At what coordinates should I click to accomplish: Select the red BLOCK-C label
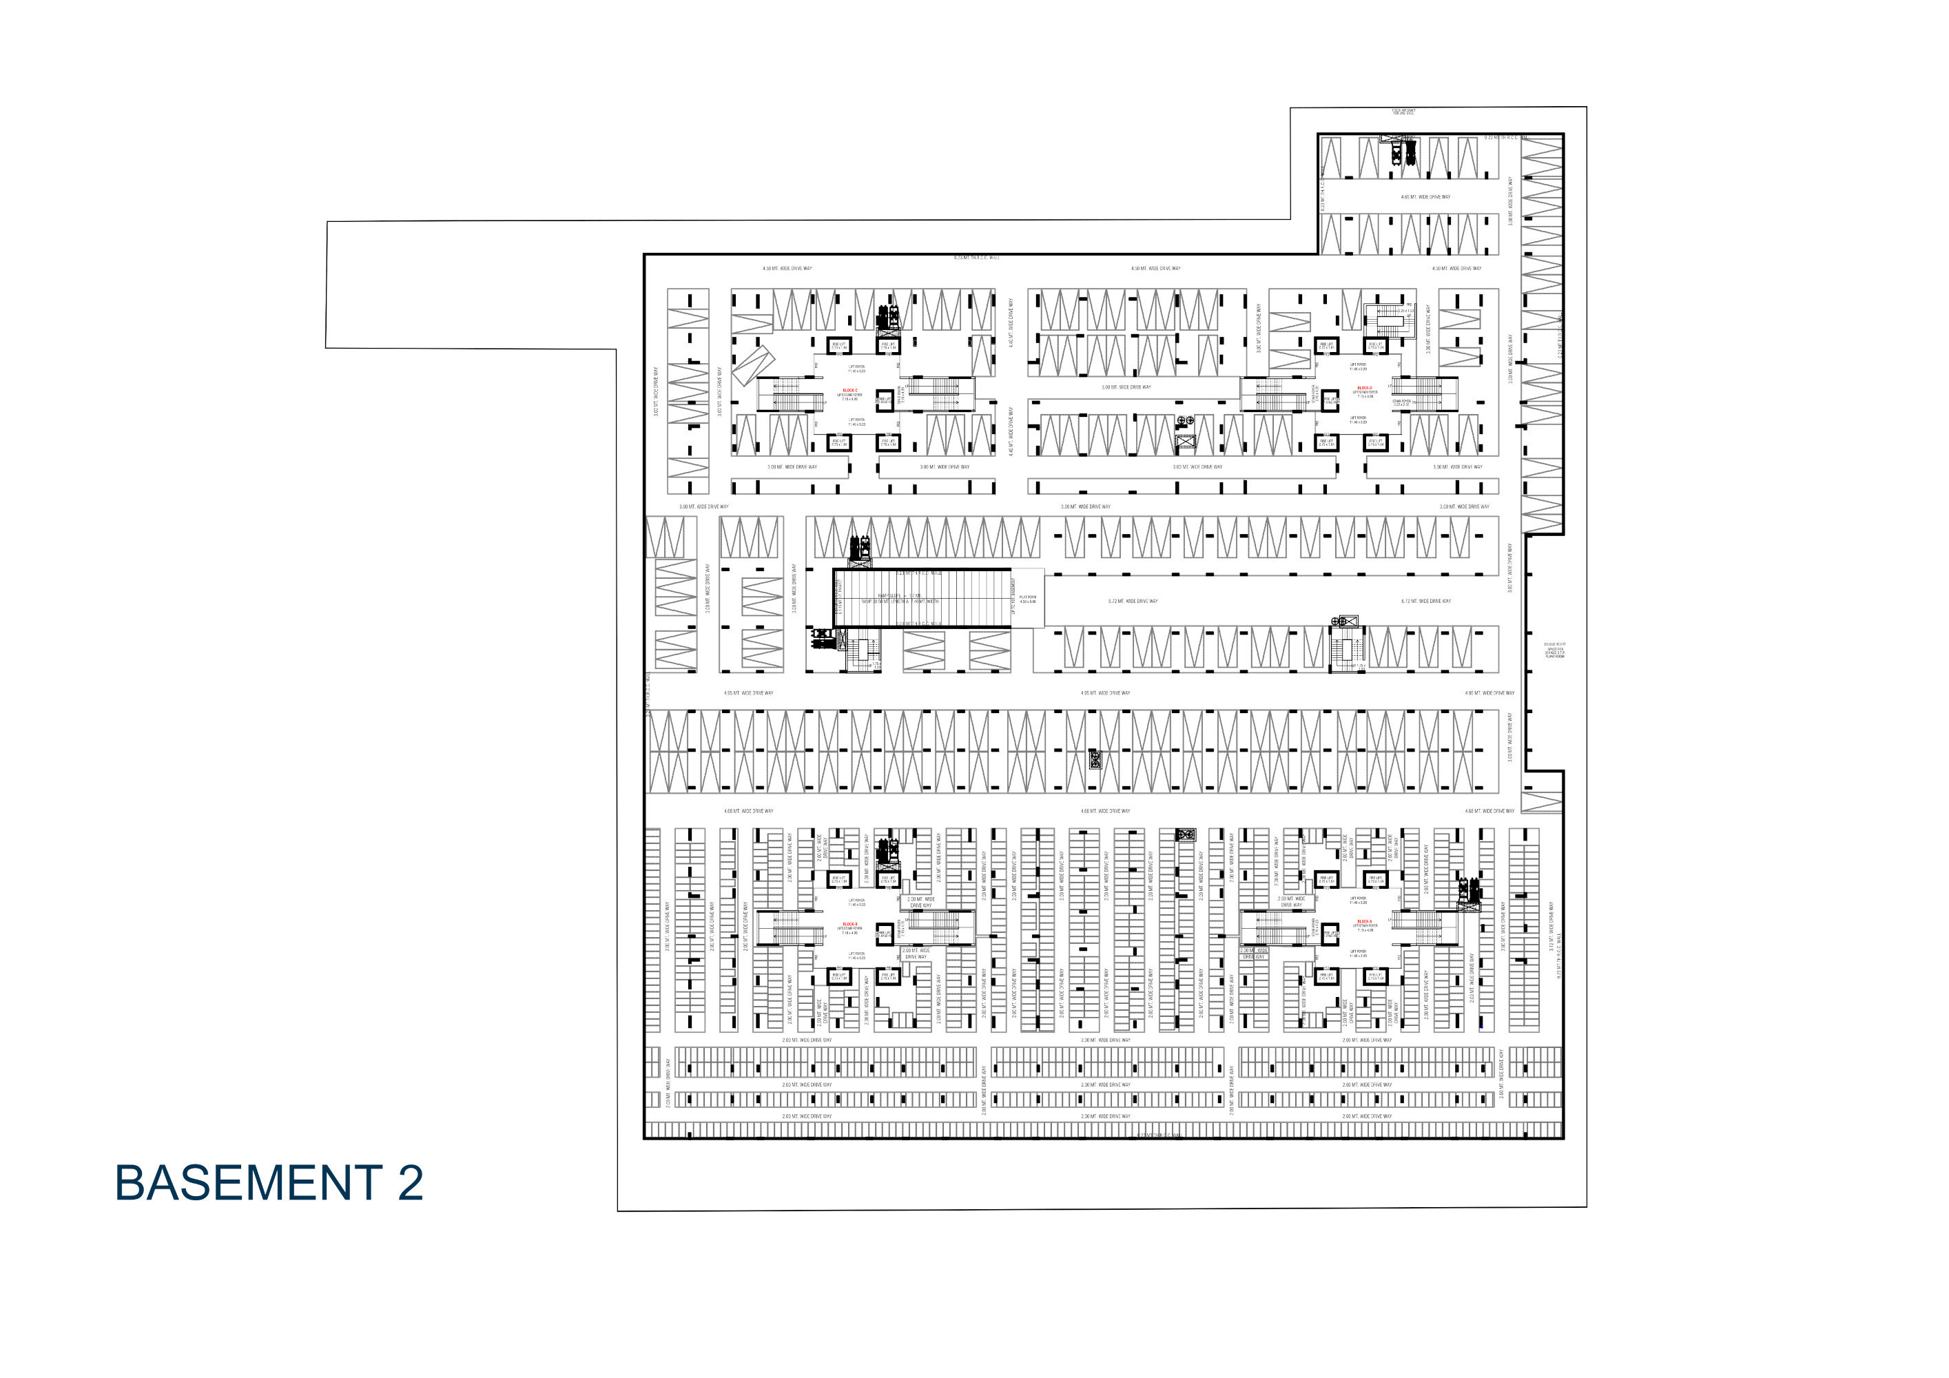[849, 390]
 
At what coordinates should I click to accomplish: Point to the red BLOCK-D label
[1364, 387]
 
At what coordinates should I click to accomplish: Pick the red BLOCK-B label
[849, 924]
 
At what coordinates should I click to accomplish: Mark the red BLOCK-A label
[1364, 921]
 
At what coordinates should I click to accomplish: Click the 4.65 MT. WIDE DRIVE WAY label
[1425, 197]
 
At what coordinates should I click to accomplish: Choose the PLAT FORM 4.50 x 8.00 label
[1027, 599]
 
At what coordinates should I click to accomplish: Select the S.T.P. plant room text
[1554, 650]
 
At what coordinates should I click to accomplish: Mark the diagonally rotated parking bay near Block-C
[753, 364]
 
